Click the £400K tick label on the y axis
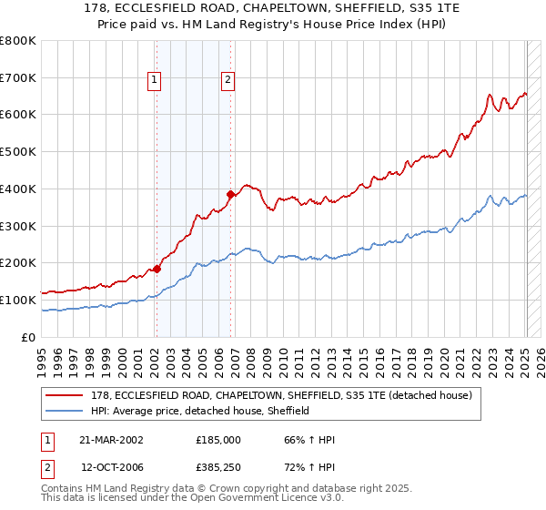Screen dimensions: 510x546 click(x=18, y=189)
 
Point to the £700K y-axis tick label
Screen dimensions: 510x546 click(x=18, y=77)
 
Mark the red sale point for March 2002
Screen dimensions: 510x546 click(x=157, y=269)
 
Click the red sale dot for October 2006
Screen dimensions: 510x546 click(x=230, y=194)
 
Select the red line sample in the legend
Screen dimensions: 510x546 click(x=65, y=395)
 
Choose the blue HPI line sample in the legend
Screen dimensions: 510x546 click(x=65, y=411)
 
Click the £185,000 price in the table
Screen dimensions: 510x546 click(x=217, y=440)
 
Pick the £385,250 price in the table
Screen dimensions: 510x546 click(x=217, y=467)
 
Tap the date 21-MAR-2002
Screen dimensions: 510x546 click(x=112, y=440)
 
